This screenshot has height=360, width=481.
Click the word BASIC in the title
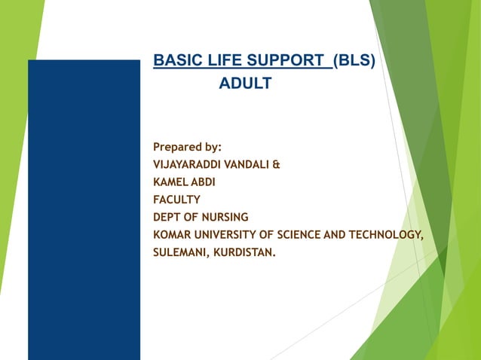pos(173,60)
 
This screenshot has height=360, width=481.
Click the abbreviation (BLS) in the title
pos(354,60)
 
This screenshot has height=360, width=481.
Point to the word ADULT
pos(245,84)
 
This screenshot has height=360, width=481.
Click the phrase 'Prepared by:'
pos(187,146)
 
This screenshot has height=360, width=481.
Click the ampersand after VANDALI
pos(277,163)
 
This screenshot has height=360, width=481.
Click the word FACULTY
pos(176,200)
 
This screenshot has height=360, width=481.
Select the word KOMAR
pos(170,235)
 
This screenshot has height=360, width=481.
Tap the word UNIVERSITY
pos(222,235)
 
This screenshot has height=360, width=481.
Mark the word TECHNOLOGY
pos(384,235)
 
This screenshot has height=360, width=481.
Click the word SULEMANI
pos(179,253)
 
